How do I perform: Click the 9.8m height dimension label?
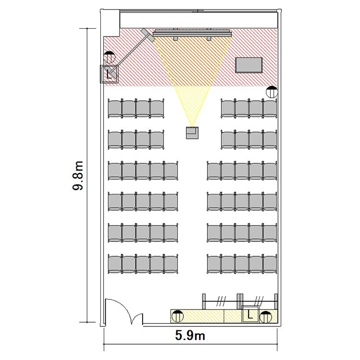pyautogui.click(x=78, y=176)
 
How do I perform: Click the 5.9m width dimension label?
pyautogui.click(x=190, y=336)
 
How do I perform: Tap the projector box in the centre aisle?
pyautogui.click(x=192, y=132)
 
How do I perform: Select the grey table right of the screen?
pyautogui.click(x=249, y=65)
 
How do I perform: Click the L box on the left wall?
pyautogui.click(x=109, y=74)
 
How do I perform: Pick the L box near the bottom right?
pyautogui.click(x=250, y=314)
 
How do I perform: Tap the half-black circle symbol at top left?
pyautogui.click(x=109, y=57)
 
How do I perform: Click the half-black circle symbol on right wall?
pyautogui.click(x=272, y=92)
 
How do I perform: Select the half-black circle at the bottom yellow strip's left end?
pyautogui.click(x=178, y=316)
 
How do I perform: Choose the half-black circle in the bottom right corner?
pyautogui.click(x=265, y=317)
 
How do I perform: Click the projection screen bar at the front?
pyautogui.click(x=192, y=34)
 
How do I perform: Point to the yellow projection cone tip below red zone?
pyautogui.click(x=192, y=126)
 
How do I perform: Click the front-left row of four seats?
pyautogui.click(x=136, y=108)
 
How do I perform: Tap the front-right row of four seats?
pyautogui.click(x=249, y=108)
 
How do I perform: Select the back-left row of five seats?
pyautogui.click(x=143, y=264)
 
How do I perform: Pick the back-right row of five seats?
pyautogui.click(x=242, y=264)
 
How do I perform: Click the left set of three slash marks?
pyautogui.click(x=221, y=301)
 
